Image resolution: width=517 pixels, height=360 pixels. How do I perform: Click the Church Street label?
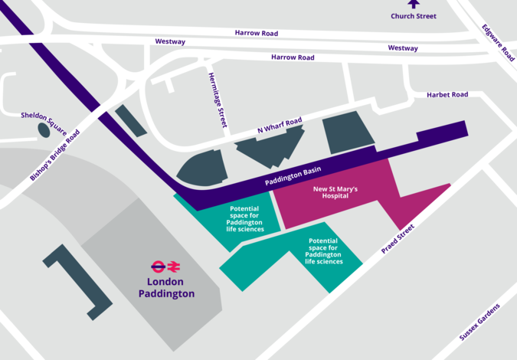click(414, 16)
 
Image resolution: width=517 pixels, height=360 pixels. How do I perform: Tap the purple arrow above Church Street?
click(414, 4)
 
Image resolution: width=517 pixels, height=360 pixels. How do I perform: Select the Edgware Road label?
click(498, 44)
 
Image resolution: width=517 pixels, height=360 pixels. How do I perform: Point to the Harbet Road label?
click(447, 95)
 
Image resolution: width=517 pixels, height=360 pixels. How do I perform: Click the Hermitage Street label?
click(218, 100)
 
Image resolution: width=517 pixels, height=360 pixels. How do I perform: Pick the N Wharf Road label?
click(280, 126)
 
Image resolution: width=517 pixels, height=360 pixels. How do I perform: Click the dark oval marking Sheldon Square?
click(44, 130)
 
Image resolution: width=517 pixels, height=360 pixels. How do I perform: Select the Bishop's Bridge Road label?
click(54, 155)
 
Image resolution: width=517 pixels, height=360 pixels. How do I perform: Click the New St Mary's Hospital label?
click(335, 192)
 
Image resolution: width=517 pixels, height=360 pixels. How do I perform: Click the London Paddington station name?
click(166, 287)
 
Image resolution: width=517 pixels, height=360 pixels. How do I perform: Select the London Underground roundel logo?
click(158, 267)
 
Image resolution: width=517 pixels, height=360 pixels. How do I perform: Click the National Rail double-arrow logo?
click(175, 267)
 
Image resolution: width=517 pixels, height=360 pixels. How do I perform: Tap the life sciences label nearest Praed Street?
click(323, 251)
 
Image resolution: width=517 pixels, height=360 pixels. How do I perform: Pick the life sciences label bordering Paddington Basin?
click(245, 218)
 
